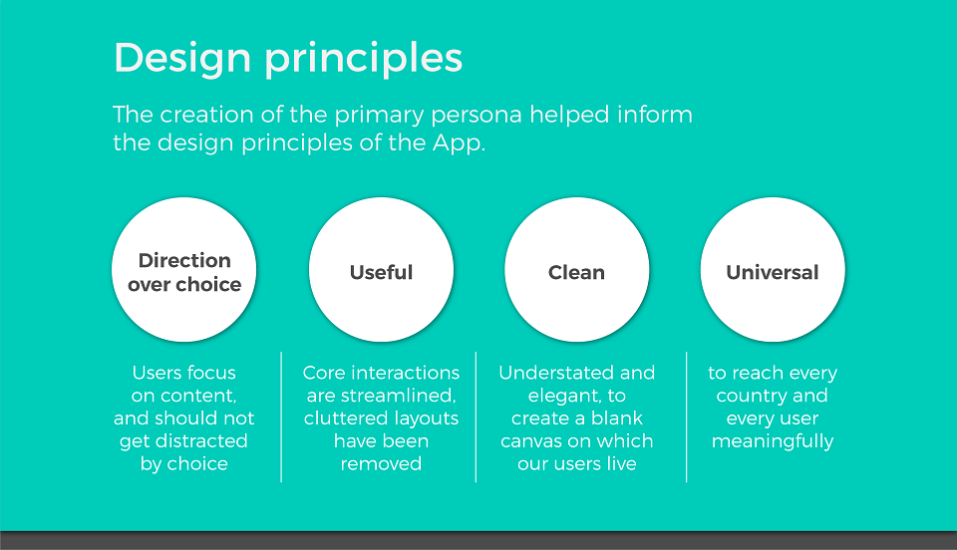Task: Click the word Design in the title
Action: tap(182, 58)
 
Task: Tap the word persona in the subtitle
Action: tap(477, 116)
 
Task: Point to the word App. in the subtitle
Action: tap(459, 143)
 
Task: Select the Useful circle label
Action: tap(382, 272)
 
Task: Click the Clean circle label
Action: tap(577, 272)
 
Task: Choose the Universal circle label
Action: tap(773, 272)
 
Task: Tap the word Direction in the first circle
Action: tap(185, 260)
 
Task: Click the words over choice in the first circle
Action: tap(184, 285)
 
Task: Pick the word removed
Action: tap(381, 464)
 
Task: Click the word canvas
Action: tap(530, 440)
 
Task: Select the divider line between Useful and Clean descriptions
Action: tap(477, 417)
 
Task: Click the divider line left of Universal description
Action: tap(687, 417)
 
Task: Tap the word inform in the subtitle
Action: tap(655, 115)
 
